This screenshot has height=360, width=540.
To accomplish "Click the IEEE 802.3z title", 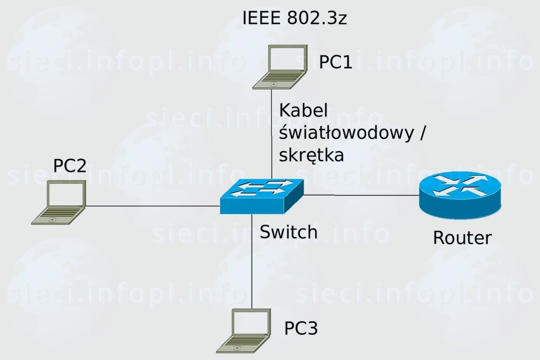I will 295,18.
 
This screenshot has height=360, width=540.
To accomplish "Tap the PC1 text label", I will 335,62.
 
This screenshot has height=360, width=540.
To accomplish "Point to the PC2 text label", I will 70,166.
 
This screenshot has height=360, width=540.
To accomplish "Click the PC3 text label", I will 301,328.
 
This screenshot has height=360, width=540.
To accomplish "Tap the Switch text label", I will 289,232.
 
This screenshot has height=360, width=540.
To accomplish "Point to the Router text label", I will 462,238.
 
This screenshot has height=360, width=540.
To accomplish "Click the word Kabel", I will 303,111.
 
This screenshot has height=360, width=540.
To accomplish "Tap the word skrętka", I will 311,155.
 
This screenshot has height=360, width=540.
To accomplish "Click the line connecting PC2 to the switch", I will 153,206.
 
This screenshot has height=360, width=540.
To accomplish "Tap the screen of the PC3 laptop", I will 250,323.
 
